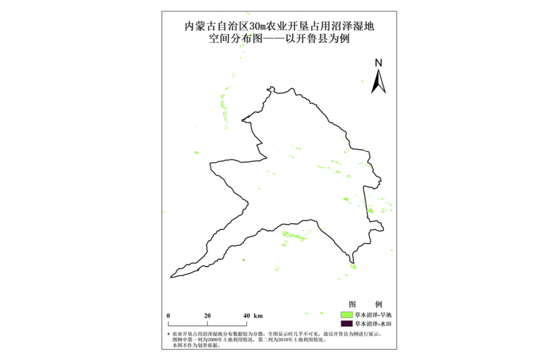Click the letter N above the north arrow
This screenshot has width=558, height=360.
[378, 63]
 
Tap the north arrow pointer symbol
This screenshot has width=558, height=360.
[379, 82]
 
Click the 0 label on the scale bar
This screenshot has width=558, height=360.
[169, 315]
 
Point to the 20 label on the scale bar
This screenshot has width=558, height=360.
[207, 315]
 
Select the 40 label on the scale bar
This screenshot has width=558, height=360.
[246, 315]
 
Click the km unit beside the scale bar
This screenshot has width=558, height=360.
[258, 315]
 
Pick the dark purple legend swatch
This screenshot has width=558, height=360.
[346, 323]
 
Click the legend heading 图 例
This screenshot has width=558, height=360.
[365, 304]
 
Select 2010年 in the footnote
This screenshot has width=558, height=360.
[284, 340]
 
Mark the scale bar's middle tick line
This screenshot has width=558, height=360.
[207, 322]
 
